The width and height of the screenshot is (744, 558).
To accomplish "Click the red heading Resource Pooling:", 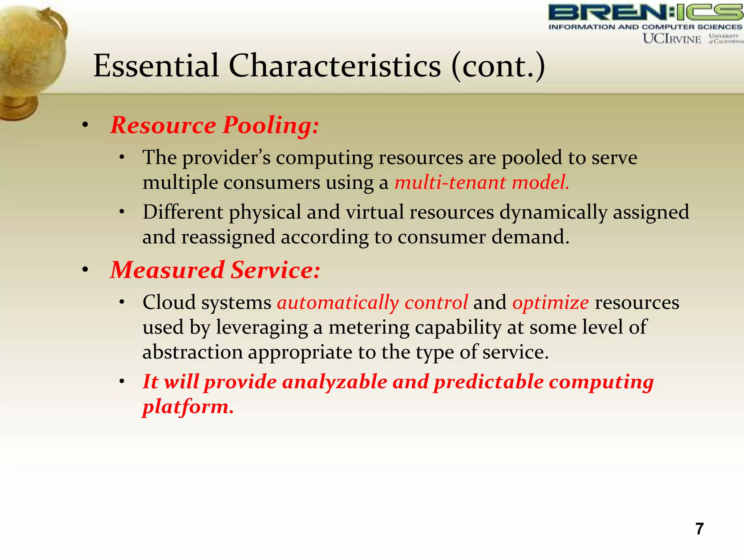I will [x=214, y=125].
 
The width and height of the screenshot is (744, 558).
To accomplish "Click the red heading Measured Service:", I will [x=215, y=270].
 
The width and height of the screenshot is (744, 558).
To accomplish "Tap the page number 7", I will [x=699, y=529].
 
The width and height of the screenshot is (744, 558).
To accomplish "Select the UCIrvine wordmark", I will [x=672, y=39].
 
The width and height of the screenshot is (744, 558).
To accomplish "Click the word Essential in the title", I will [x=156, y=66].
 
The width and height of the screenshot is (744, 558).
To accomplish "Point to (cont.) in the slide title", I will [x=498, y=66].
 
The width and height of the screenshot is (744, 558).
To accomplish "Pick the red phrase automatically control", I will [x=372, y=303].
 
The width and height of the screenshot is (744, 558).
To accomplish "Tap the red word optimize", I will [x=550, y=303].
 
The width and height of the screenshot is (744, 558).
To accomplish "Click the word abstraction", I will [x=193, y=352].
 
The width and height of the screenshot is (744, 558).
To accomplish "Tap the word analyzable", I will [x=334, y=382].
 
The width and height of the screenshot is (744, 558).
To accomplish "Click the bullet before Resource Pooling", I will [x=85, y=126].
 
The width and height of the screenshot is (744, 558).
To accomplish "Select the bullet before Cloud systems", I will [x=122, y=302].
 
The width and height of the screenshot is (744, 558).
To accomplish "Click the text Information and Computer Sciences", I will [x=645, y=27].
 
